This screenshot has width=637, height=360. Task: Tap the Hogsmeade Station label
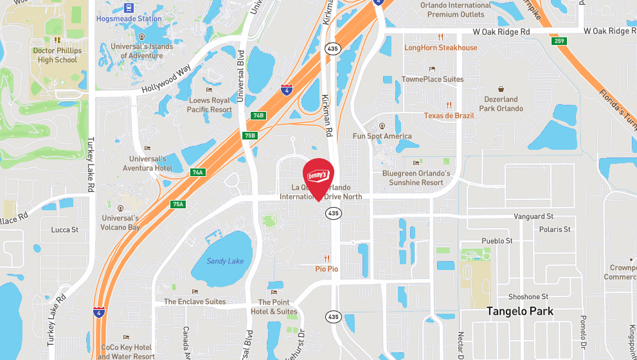point(129,19)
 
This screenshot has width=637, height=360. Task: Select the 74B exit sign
point(258,115)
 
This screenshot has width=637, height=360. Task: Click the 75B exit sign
point(250,135)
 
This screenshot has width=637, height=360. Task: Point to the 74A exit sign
point(197,172)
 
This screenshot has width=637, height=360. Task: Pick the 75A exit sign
point(178,204)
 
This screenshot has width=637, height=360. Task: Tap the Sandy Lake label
point(225,261)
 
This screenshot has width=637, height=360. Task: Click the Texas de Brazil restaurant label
point(449,116)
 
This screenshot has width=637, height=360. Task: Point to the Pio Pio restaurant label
point(327,269)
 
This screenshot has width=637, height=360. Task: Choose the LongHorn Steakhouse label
point(441,48)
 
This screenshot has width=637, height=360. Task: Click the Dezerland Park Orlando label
point(501,104)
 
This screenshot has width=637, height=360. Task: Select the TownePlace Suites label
point(433,79)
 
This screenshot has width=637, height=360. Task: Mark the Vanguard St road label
point(534,217)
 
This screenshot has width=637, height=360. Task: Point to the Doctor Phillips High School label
point(57,55)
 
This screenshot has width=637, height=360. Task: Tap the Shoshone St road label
point(528,297)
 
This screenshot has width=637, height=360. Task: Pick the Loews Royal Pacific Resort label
point(209,105)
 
